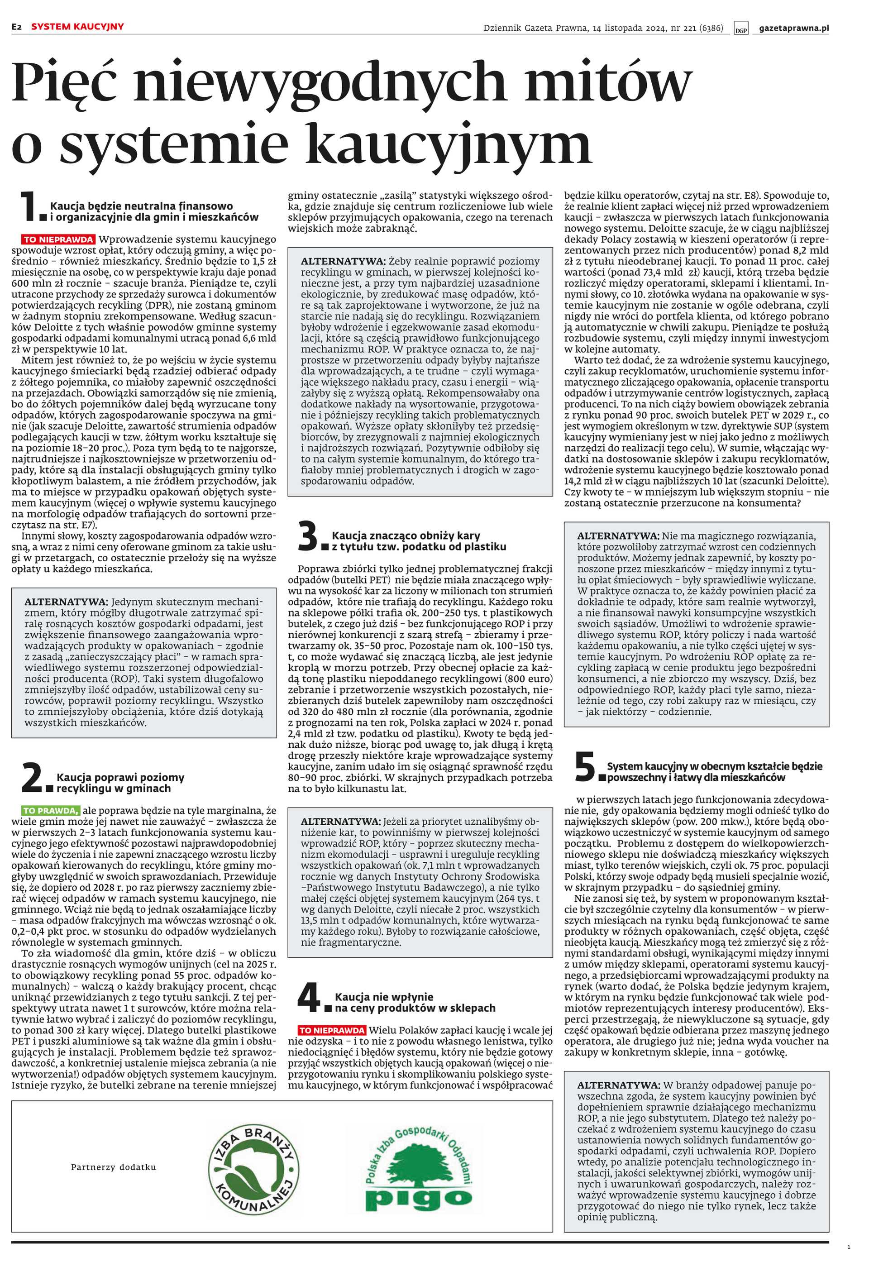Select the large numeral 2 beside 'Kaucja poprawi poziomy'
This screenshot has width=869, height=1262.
[x=32, y=779]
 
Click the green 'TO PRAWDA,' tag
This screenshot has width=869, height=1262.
[x=51, y=810]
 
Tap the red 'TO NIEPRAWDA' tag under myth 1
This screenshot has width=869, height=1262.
[x=58, y=239]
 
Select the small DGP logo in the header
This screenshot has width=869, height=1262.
[x=740, y=29]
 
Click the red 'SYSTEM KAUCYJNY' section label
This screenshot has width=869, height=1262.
[x=77, y=26]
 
